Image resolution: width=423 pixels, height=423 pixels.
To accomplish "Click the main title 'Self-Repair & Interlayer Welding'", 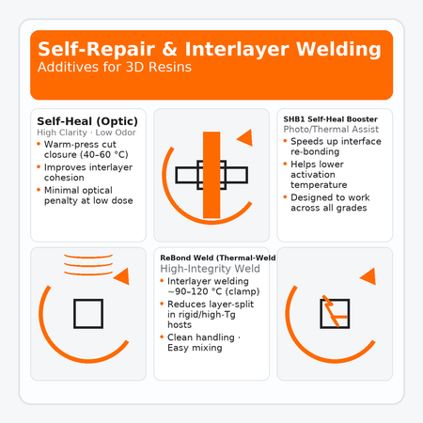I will point(211,48).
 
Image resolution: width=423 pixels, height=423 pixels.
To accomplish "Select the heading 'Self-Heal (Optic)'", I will point(87,121).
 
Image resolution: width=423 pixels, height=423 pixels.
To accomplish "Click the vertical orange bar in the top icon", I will point(211,174).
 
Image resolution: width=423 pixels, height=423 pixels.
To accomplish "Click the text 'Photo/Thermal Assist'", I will point(323,130).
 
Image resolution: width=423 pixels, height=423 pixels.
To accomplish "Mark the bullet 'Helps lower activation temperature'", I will point(331,175).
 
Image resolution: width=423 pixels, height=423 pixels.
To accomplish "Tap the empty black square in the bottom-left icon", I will point(88,313).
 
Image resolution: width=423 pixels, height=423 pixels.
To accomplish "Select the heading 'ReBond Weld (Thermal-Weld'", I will point(217,257).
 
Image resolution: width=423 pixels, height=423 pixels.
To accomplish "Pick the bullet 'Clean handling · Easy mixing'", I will point(201,342).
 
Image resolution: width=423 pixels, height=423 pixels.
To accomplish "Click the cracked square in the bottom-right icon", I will point(334,312).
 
